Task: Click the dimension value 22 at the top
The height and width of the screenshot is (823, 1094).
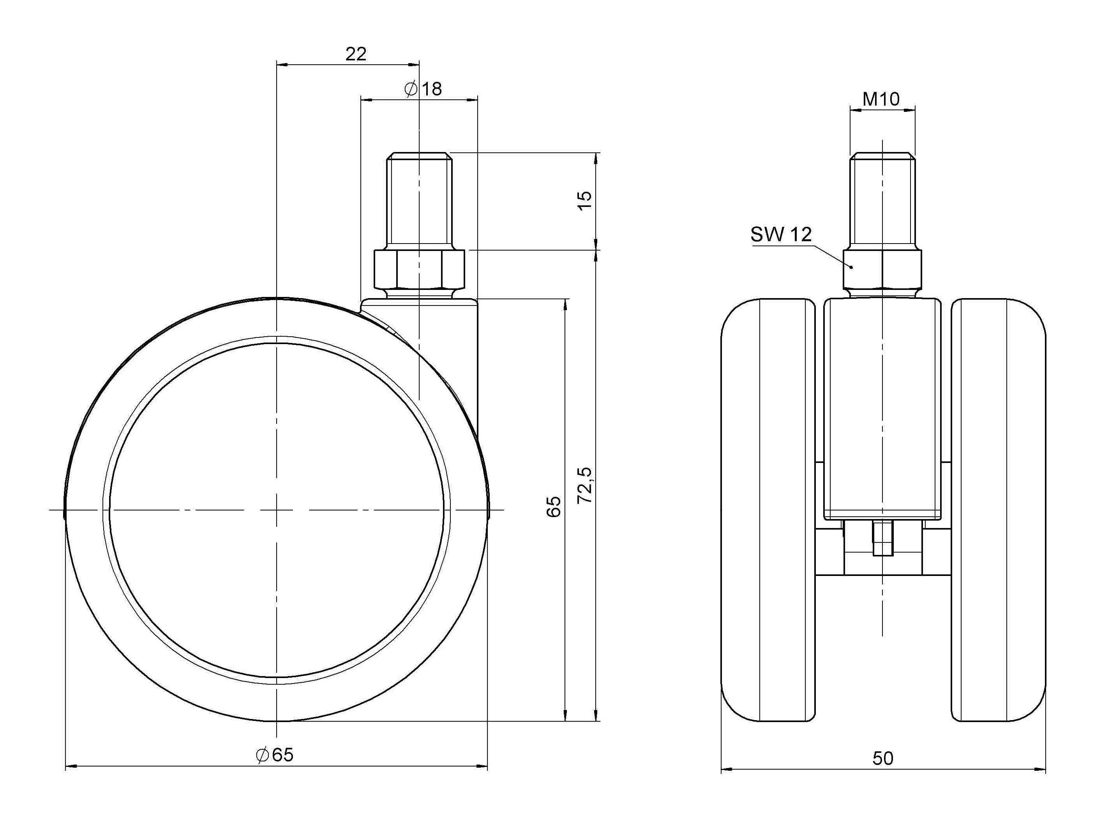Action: click(x=356, y=54)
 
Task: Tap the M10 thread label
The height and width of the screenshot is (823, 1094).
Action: click(x=881, y=99)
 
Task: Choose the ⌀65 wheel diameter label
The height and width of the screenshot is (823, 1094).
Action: click(x=275, y=755)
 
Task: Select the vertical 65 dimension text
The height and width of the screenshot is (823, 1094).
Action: click(x=554, y=507)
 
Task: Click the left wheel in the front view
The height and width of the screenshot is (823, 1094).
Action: click(x=768, y=516)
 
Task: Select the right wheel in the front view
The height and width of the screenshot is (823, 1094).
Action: click(x=999, y=516)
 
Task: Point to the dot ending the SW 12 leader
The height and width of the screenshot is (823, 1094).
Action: click(x=852, y=267)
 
